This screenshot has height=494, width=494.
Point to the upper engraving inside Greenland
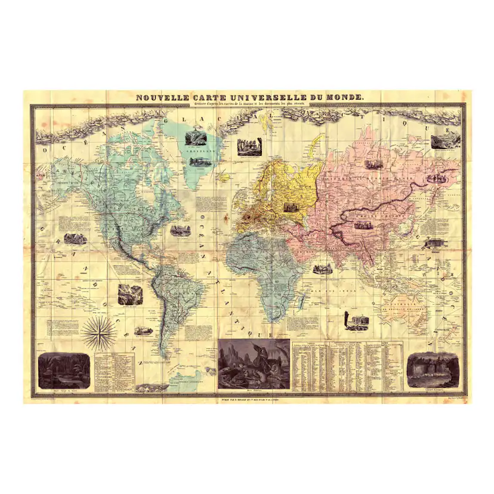[x=194, y=138]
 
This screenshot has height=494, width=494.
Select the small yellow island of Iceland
[x=225, y=177]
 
